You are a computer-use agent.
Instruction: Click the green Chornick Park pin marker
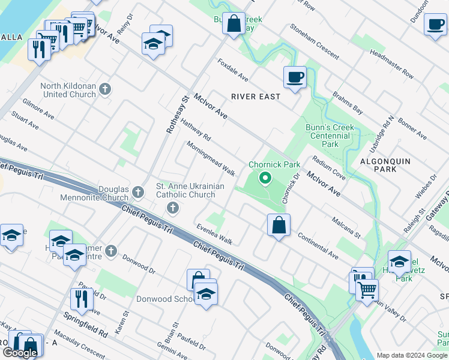tap(265, 178)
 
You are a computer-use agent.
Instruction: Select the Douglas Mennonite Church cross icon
tap(138, 193)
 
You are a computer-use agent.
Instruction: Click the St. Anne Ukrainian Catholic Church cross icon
tap(173, 208)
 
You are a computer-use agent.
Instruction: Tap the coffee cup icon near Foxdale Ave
tap(295, 77)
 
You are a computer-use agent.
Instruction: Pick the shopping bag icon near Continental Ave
tap(279, 225)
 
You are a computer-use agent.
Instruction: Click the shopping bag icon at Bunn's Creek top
tap(234, 24)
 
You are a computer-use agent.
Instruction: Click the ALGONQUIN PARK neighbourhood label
tap(387, 165)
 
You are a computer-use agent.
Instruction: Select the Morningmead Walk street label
tap(210, 158)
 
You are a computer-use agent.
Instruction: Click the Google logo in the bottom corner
tap(20, 352)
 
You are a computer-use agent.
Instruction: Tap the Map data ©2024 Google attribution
tap(412, 355)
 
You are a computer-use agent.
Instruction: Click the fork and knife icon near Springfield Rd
tap(81, 298)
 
